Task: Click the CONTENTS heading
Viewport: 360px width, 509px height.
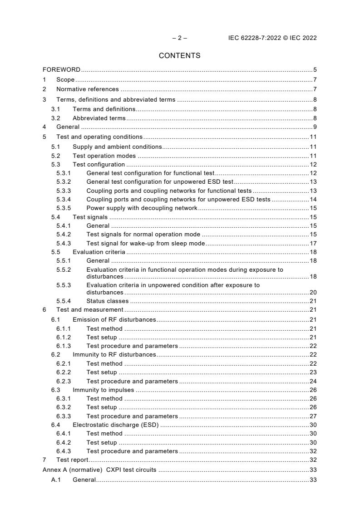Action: pyautogui.click(x=179, y=56)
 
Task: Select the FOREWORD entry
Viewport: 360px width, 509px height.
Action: pyautogui.click(x=61, y=70)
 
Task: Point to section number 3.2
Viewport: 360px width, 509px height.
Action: pyautogui.click(x=56, y=118)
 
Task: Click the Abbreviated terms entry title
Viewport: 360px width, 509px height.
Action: pyautogui.click(x=99, y=118)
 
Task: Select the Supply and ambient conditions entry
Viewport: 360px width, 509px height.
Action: pyautogui.click(x=117, y=147)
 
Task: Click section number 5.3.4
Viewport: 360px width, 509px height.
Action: pyautogui.click(x=64, y=199)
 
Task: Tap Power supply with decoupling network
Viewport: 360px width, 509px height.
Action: pyautogui.click(x=142, y=208)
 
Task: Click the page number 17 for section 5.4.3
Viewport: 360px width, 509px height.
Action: pyautogui.click(x=313, y=243)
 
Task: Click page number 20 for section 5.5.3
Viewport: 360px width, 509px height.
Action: pyautogui.click(x=313, y=293)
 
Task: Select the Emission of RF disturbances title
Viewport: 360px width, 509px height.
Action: pyautogui.click(x=114, y=319)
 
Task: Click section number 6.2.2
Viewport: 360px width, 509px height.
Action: pyautogui.click(x=64, y=372)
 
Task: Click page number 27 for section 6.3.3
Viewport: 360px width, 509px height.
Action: pyautogui.click(x=313, y=416)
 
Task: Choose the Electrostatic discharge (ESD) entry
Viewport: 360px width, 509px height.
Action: pyautogui.click(x=115, y=425)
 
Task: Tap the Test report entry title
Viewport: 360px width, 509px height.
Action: pyautogui.click(x=72, y=460)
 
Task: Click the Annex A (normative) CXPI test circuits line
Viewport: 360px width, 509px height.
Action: pyautogui.click(x=99, y=470)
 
